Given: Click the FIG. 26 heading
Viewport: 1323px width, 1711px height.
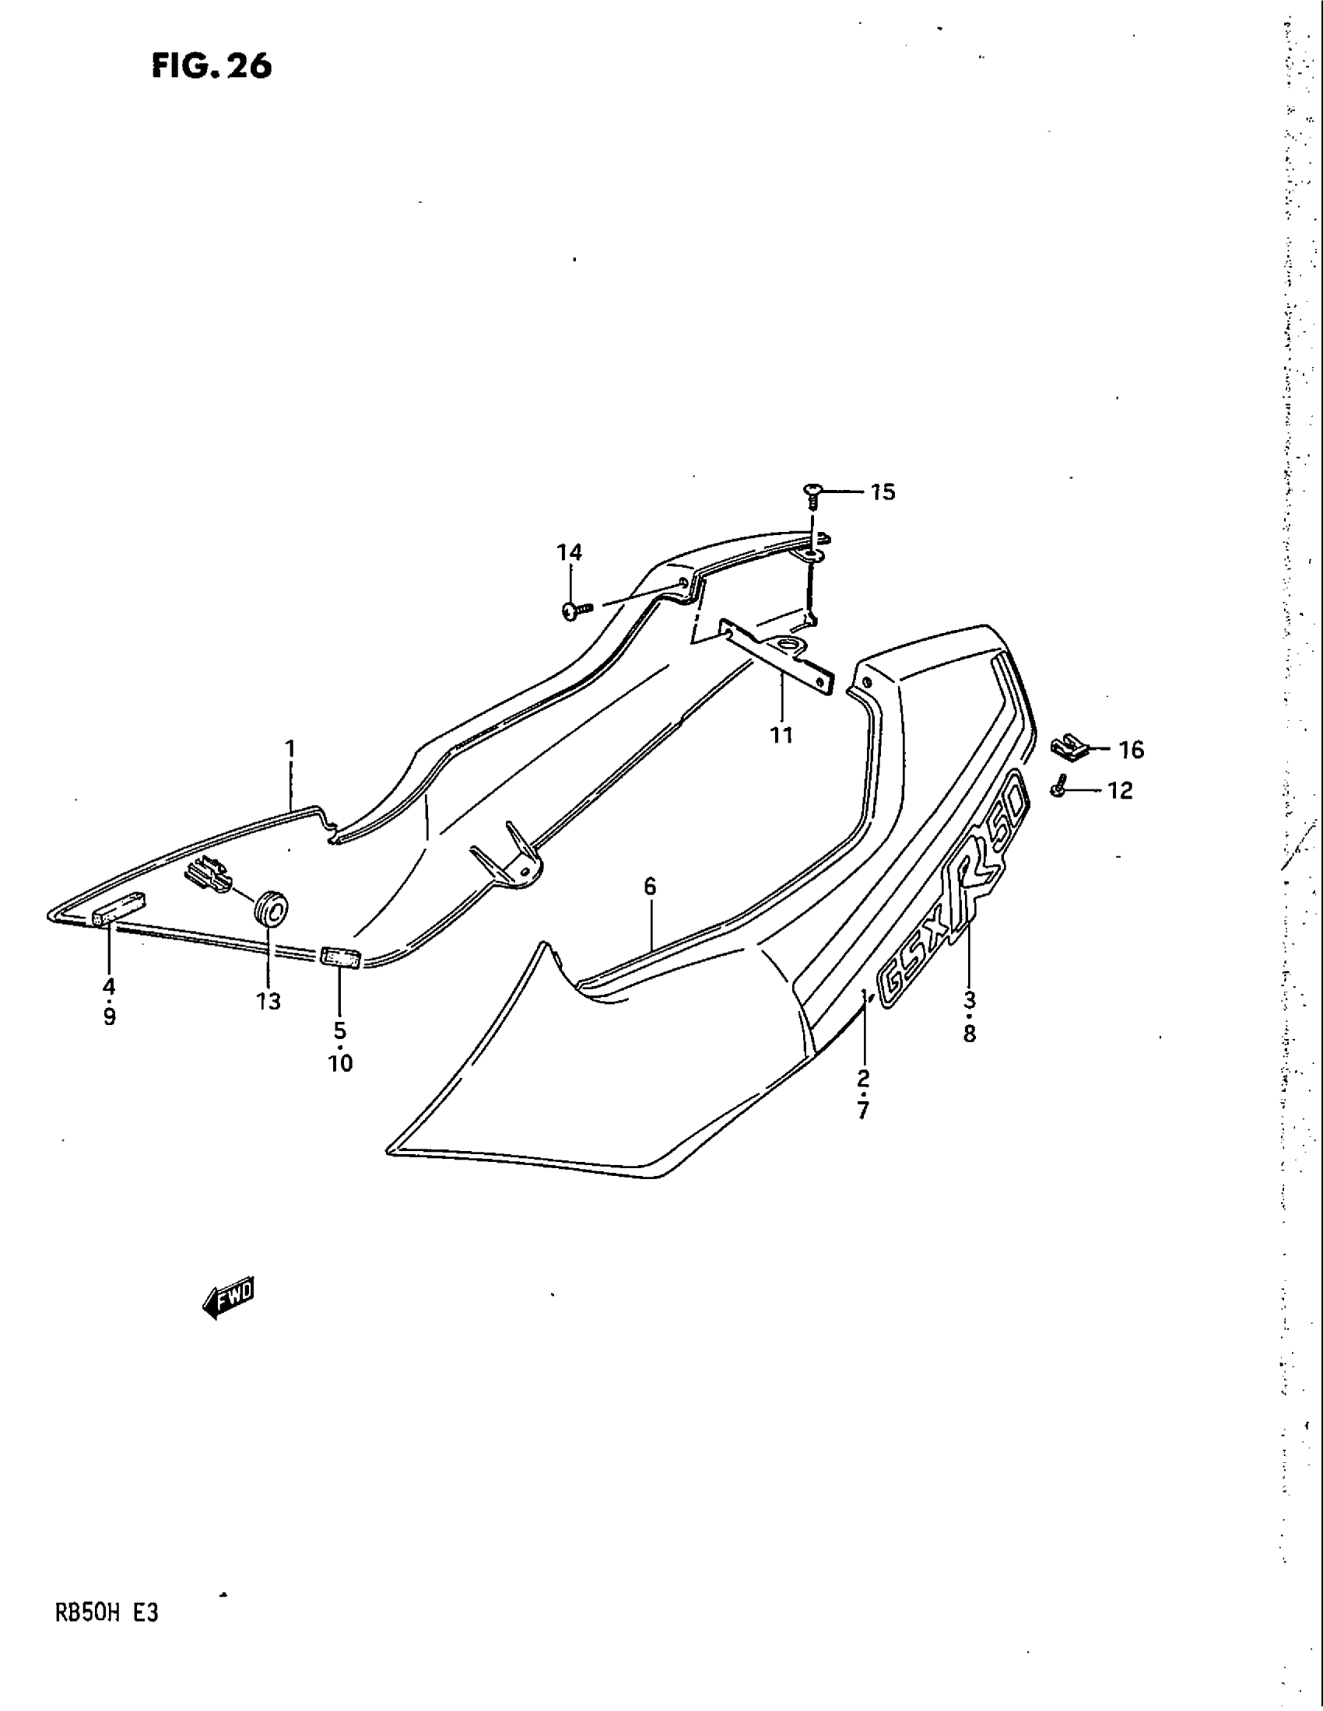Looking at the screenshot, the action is [212, 66].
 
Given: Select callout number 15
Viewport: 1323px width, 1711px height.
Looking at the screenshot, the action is [883, 492].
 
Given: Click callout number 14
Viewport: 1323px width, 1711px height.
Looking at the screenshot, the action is [570, 552].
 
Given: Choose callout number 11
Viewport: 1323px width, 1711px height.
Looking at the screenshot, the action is [781, 735].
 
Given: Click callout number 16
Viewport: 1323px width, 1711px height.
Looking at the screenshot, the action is [1131, 750].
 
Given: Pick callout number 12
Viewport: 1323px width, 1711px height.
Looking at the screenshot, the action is [1121, 790].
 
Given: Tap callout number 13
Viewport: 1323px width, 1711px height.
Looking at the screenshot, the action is [268, 1001].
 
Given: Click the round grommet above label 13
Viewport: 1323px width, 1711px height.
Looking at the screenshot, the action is [271, 907].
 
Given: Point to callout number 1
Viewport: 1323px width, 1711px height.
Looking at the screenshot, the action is [290, 749].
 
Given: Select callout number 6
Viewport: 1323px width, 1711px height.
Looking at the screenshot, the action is [650, 887].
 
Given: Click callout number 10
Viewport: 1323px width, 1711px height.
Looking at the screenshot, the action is [341, 1063].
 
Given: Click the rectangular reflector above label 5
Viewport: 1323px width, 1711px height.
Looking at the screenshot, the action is [339, 957].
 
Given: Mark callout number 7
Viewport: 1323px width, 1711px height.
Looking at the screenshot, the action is [863, 1110].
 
